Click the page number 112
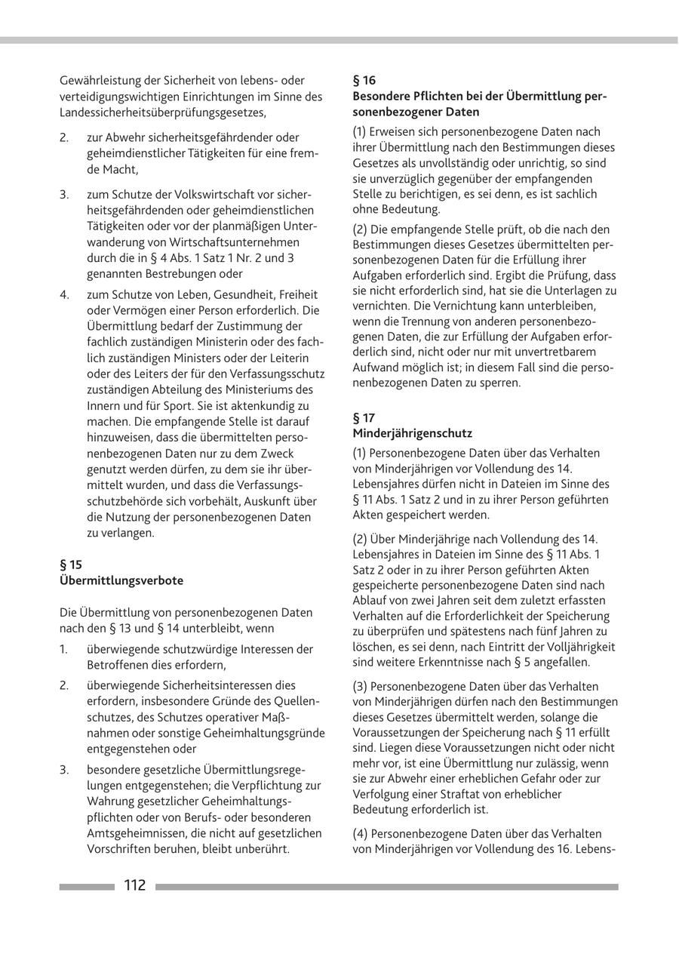(134, 885)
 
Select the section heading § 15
(71, 565)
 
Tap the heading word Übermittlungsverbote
(121, 580)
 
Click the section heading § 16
(364, 80)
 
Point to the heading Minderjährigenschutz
(413, 433)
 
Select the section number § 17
(364, 417)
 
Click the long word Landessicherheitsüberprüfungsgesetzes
(162, 112)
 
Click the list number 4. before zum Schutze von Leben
(65, 294)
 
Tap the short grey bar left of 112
(87, 887)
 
